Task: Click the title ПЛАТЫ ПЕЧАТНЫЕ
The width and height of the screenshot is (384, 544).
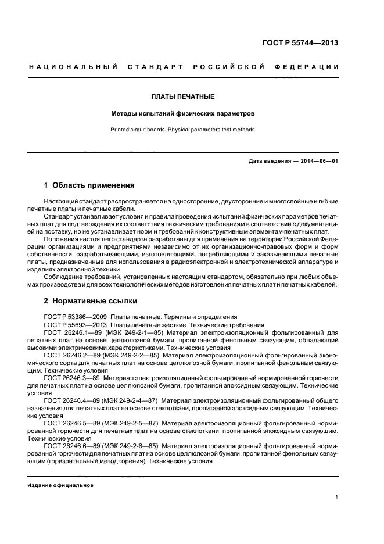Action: (183, 96)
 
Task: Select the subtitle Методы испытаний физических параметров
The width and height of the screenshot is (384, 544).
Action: (183, 113)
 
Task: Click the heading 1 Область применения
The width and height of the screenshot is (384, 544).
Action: (89, 186)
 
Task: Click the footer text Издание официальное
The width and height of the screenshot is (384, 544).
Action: (61, 485)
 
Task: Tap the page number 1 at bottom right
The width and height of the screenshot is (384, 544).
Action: (337, 497)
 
